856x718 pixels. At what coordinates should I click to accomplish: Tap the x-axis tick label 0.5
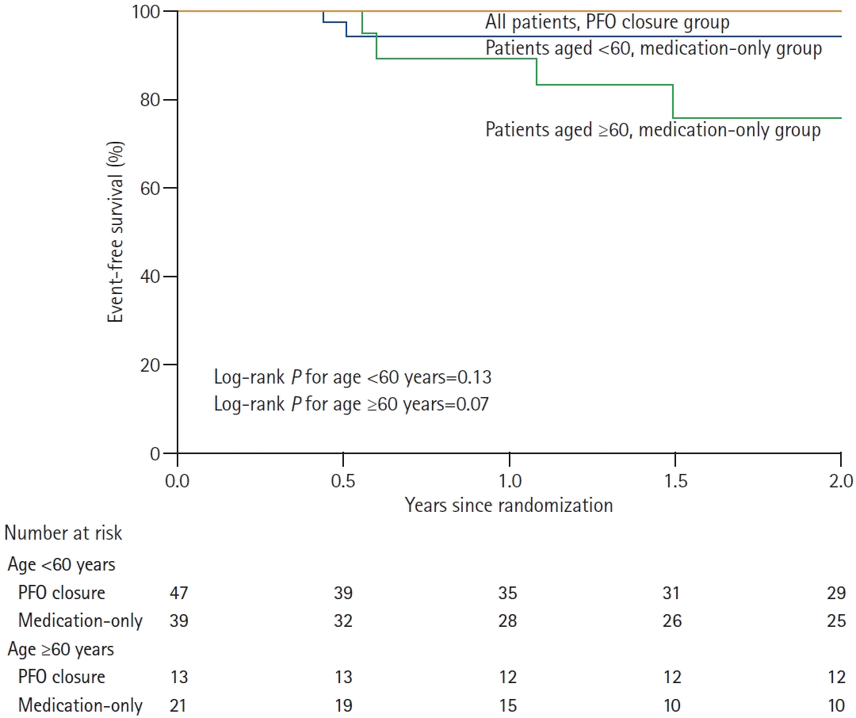(x=343, y=480)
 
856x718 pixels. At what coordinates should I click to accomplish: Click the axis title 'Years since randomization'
(x=509, y=505)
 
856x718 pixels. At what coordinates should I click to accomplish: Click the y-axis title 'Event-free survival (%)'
(x=116, y=231)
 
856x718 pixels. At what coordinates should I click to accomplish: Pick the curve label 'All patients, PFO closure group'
(x=607, y=23)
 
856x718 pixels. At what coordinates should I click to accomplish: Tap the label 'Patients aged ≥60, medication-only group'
(x=653, y=129)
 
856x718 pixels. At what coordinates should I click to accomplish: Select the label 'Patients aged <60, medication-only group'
(x=653, y=48)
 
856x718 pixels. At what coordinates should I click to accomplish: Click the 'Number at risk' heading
(x=64, y=533)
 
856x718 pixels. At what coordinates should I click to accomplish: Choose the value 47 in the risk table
(x=178, y=593)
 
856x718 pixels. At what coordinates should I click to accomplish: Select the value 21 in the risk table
(x=178, y=705)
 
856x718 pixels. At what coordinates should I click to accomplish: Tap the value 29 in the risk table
(x=836, y=593)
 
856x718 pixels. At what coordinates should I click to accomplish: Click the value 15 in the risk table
(x=507, y=705)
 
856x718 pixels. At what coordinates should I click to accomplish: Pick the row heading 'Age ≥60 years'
(x=61, y=650)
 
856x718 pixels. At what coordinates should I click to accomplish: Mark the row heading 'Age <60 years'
(x=61, y=565)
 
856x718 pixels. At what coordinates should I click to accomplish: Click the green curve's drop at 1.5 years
(x=673, y=101)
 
